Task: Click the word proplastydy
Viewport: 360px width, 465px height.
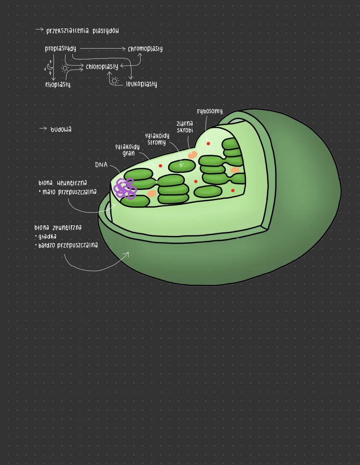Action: click(60, 49)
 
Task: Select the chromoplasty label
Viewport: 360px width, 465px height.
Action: click(145, 49)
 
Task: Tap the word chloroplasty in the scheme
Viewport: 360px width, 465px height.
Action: click(102, 67)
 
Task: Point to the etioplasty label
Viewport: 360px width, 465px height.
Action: click(58, 84)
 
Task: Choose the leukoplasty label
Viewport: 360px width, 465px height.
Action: click(141, 84)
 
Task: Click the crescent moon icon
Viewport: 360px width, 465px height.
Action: click(50, 67)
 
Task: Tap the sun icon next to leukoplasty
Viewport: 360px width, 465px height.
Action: click(115, 81)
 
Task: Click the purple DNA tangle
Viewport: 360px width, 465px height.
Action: click(125, 188)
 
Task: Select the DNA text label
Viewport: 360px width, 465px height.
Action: click(101, 165)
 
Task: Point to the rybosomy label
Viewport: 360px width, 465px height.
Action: click(210, 111)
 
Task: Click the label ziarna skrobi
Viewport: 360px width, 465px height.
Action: click(185, 127)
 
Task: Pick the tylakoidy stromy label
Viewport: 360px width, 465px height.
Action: click(157, 139)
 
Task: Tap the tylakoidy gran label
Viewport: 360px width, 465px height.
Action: click(128, 150)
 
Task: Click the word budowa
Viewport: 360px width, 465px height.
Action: click(61, 129)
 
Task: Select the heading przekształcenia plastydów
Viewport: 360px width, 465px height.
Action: click(82, 31)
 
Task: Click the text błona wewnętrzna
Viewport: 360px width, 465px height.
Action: click(63, 183)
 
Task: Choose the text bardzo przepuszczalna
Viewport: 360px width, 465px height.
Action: click(68, 245)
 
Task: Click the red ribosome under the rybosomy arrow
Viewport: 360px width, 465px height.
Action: click(208, 143)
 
